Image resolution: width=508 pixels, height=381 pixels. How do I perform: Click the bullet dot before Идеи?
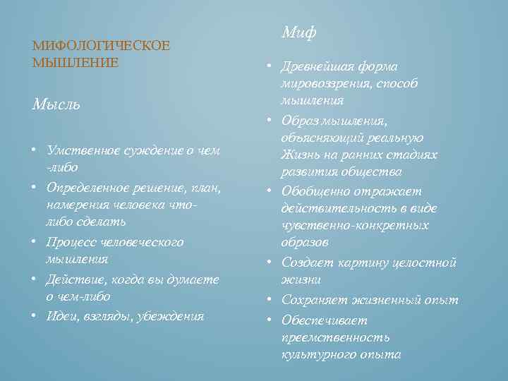[x=35, y=315]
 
